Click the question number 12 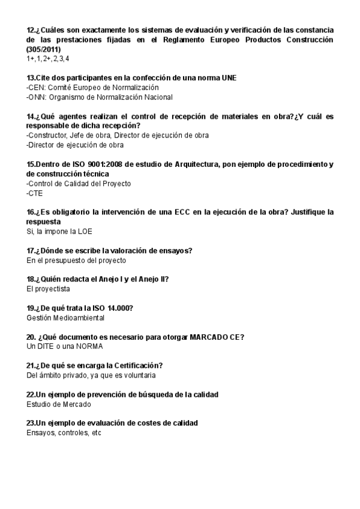coord(31,30)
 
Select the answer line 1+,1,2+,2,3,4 coord(48,58)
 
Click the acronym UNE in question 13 coord(229,78)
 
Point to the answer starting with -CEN coord(88,88)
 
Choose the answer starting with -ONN coord(99,97)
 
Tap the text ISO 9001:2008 coord(90,164)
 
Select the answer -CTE coord(35,193)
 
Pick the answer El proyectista coord(48,289)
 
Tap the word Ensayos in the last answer coord(40,433)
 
